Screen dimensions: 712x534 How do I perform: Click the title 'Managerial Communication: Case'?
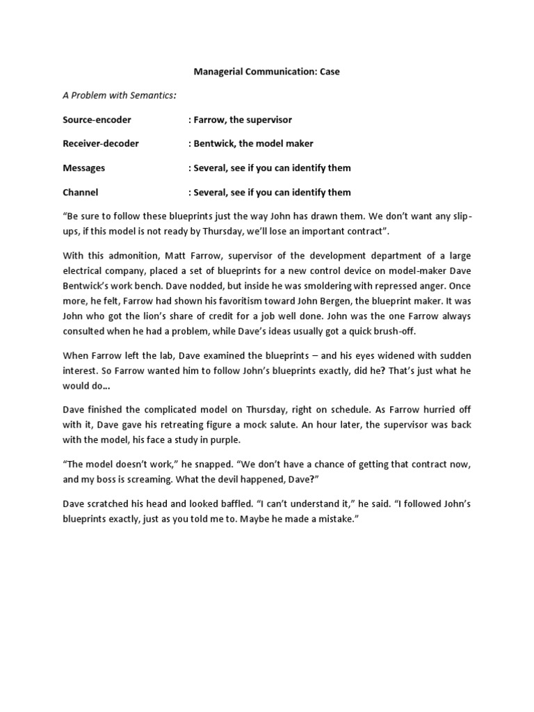(x=267, y=72)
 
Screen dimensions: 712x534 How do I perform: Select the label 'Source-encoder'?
(x=97, y=120)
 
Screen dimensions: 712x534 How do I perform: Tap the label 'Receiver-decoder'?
(x=101, y=143)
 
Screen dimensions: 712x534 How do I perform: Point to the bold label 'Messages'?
(x=83, y=168)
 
